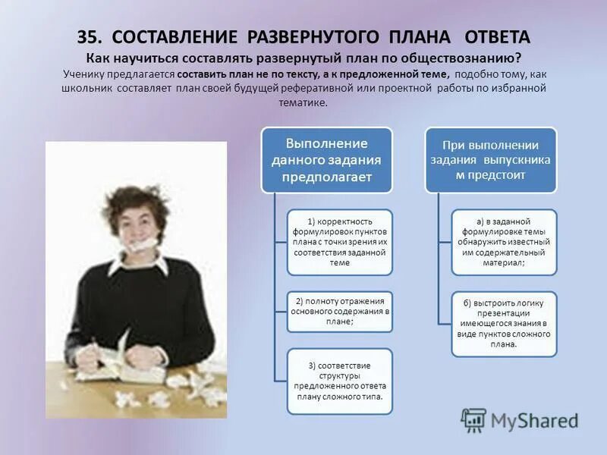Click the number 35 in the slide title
point(87,37)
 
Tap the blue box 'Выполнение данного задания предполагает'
point(326,160)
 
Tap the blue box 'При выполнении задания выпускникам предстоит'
point(490,160)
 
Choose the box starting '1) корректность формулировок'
point(340,242)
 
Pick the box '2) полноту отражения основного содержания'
point(340,311)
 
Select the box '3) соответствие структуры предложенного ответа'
point(340,381)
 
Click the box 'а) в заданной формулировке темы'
point(504,242)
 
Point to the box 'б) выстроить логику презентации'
point(504,323)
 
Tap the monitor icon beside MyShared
point(474,419)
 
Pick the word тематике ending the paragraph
point(303,102)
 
